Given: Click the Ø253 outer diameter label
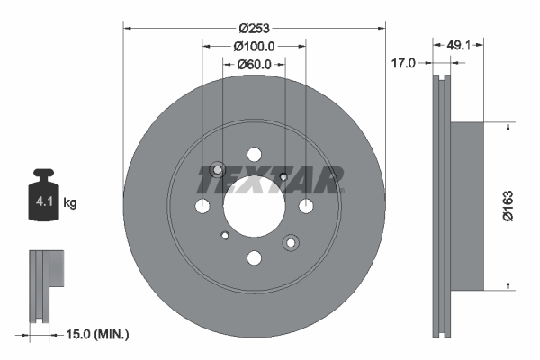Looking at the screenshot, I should pyautogui.click(x=254, y=15).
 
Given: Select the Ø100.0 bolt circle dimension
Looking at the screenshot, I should pyautogui.click(x=253, y=45).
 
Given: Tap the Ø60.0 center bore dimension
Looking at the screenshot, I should pyautogui.click(x=253, y=64).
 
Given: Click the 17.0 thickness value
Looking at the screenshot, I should pyautogui.click(x=404, y=64).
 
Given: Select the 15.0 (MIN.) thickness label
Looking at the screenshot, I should pyautogui.click(x=99, y=335).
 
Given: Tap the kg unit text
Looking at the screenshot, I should pyautogui.click(x=69, y=203).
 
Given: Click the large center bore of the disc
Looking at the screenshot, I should pyautogui.click(x=254, y=206).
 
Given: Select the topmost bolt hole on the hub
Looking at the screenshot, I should pyautogui.click(x=254, y=154).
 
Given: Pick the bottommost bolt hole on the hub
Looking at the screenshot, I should pyautogui.click(x=254, y=258).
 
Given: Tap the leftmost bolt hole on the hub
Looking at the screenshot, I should pyautogui.click(x=202, y=207).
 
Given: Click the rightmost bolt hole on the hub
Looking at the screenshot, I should pyautogui.click(x=306, y=207).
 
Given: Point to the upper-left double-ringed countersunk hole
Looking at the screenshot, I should pyautogui.click(x=217, y=170).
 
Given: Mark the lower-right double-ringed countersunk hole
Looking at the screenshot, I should pyautogui.click(x=291, y=242).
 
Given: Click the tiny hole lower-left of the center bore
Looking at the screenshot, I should pyautogui.click(x=224, y=237).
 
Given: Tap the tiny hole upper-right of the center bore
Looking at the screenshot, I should pyautogui.click(x=283, y=176).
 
